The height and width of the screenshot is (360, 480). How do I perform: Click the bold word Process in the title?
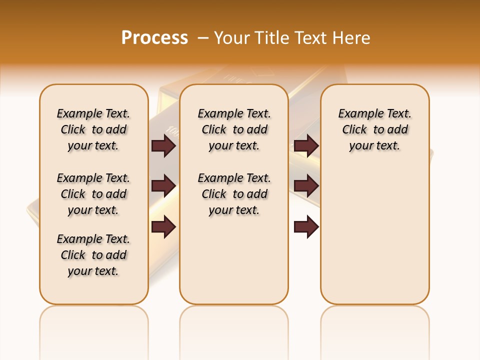154,38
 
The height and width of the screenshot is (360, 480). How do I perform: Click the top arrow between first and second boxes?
163,145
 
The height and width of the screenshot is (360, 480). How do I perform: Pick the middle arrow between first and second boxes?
163,186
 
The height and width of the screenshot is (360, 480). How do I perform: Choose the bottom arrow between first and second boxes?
163,227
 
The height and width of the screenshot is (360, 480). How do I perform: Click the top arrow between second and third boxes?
306,145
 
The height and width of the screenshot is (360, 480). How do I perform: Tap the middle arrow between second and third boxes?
306,186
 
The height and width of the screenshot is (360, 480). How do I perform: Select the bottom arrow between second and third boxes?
306,227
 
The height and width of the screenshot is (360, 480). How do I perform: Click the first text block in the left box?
93,129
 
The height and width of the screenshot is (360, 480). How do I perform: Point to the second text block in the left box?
93,194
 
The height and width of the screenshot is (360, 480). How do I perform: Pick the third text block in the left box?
93,255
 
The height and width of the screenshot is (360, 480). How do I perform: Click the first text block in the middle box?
234,129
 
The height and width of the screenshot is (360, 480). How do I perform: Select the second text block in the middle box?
234,194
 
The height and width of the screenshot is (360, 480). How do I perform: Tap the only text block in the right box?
375,129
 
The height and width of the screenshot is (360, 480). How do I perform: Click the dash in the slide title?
203,38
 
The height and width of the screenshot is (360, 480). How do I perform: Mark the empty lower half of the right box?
375,240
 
